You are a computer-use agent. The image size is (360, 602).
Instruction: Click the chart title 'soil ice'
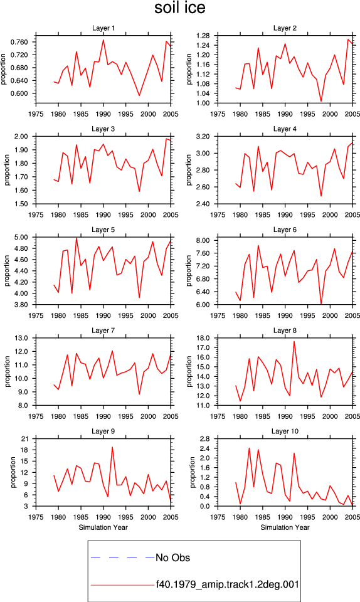[x=179, y=8]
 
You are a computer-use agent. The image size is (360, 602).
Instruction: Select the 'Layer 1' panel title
[x=103, y=28]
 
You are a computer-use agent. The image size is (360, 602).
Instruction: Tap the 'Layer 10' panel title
[x=285, y=431]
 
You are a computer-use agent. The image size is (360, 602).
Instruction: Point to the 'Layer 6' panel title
[x=285, y=230]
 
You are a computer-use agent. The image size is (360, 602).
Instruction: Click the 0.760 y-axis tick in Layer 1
[x=19, y=42]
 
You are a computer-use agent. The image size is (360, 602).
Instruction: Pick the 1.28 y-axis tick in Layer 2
[x=203, y=36]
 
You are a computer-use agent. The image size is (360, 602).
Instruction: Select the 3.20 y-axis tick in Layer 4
[x=203, y=136]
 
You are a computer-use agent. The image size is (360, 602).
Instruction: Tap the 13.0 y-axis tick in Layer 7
[x=21, y=338]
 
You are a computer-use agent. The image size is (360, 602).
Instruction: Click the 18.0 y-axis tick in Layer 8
[x=203, y=338]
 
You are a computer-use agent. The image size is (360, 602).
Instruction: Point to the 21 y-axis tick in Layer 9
[x=24, y=439]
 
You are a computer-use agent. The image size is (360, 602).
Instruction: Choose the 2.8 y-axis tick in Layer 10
[x=205, y=439]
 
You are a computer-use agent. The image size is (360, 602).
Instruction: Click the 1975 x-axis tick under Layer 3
[x=36, y=214]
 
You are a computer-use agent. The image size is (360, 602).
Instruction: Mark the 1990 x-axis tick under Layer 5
[x=103, y=315]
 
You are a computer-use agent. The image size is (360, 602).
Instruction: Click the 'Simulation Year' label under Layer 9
[x=103, y=527]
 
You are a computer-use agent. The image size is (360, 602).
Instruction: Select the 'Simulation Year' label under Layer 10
[x=285, y=527]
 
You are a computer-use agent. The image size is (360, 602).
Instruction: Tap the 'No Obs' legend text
[x=172, y=557]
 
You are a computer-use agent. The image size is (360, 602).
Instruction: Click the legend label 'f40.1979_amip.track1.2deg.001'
[x=227, y=584]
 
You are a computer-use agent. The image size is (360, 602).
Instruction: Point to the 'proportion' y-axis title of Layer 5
[x=7, y=271]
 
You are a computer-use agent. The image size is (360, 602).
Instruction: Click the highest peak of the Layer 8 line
[x=294, y=341]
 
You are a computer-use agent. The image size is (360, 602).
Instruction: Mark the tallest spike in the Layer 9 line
[x=112, y=447]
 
